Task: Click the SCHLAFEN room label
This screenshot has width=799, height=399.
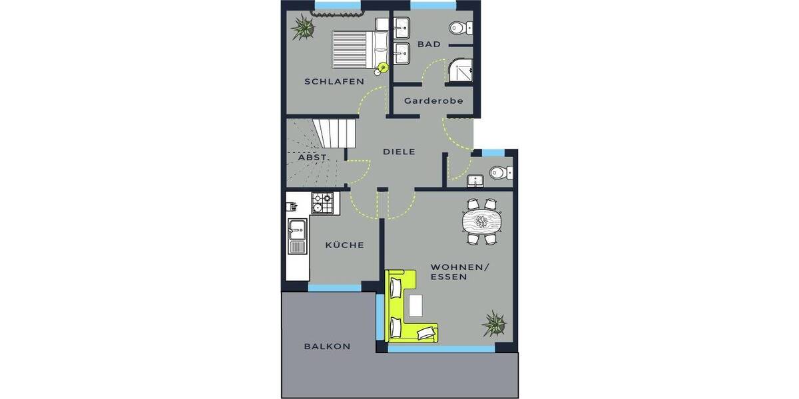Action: coord(334,82)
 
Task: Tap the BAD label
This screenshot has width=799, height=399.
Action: coord(429,45)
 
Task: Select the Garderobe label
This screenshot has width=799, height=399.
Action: coord(433,102)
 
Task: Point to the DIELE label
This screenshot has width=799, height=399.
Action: coord(399,152)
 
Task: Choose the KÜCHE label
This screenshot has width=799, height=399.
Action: coord(344,245)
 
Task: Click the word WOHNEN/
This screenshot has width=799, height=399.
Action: coord(459,267)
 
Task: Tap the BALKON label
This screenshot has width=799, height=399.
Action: coord(327,346)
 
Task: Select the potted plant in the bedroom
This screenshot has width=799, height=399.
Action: coord(304,28)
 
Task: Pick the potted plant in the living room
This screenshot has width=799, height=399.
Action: coord(494,323)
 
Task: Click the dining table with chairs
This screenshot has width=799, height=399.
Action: coord(481,220)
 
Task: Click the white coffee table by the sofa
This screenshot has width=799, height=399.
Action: coord(416,305)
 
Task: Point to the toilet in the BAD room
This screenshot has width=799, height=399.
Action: coord(458,28)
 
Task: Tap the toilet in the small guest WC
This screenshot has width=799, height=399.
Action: coord(499,173)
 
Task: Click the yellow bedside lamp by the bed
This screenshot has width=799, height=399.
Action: coord(383,66)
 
